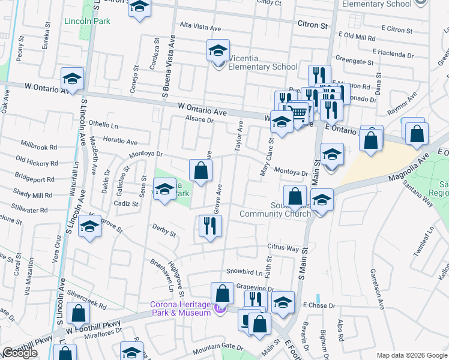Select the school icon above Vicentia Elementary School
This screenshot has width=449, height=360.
[x=218, y=50]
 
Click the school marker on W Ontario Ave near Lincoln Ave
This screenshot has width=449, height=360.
[x=72, y=79]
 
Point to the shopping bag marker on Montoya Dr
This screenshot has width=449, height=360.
[x=201, y=170]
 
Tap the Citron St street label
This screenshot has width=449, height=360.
[x=313, y=26]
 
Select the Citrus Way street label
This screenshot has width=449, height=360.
[x=283, y=248]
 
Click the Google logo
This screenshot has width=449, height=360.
[x=20, y=353]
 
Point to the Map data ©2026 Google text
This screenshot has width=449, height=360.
[x=411, y=355]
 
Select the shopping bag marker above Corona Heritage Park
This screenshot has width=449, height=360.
[x=222, y=293]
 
